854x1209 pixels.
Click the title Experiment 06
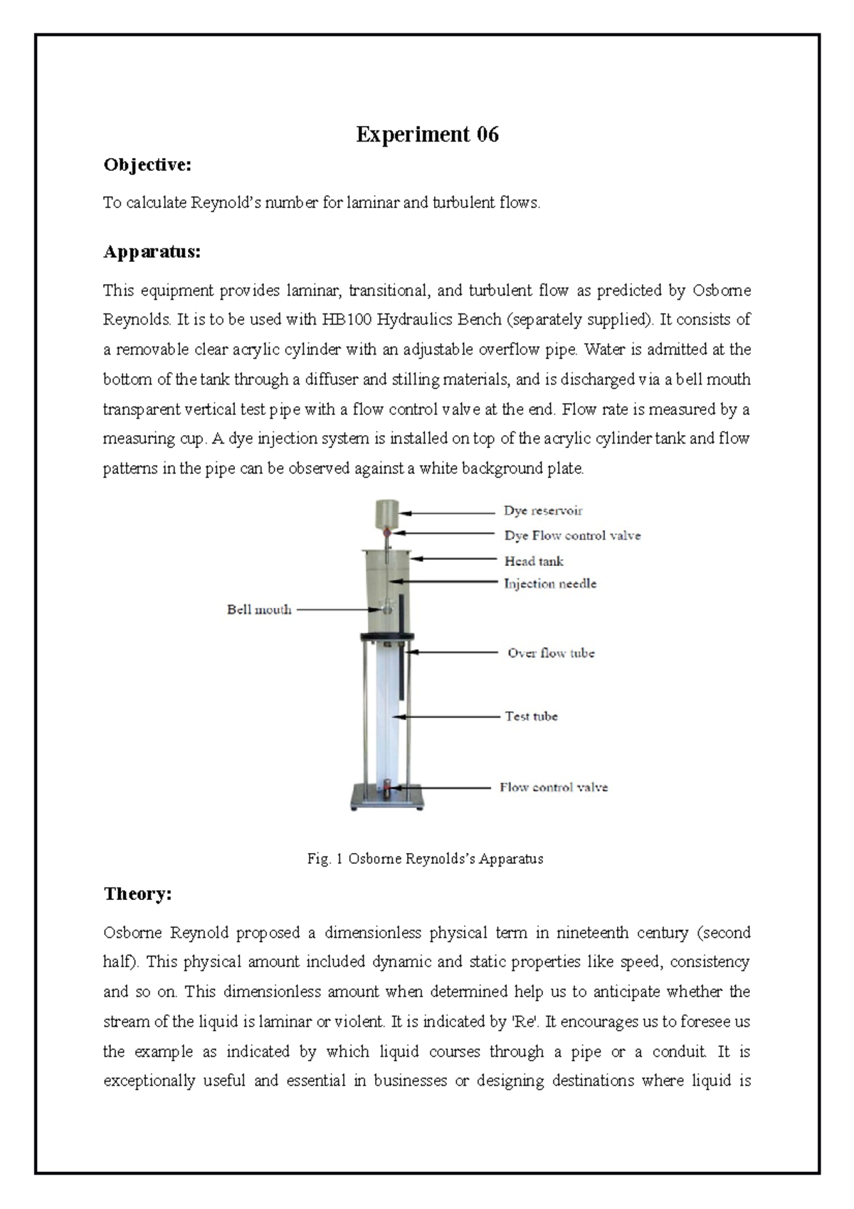coord(427,134)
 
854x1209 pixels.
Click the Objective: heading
coord(147,165)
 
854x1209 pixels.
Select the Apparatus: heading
coord(152,252)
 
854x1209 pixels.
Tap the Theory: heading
coord(137,894)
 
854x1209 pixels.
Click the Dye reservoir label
coord(543,511)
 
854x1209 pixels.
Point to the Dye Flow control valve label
coord(572,535)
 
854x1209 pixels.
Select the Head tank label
coord(534,561)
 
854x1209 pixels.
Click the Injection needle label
coord(550,584)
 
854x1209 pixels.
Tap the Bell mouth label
coord(259,609)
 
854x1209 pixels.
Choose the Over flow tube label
coord(551,653)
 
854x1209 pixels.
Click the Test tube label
coord(531,716)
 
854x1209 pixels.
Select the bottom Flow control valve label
coord(553,787)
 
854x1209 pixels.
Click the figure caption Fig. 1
coord(425,859)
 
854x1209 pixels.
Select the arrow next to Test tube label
coord(450,716)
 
